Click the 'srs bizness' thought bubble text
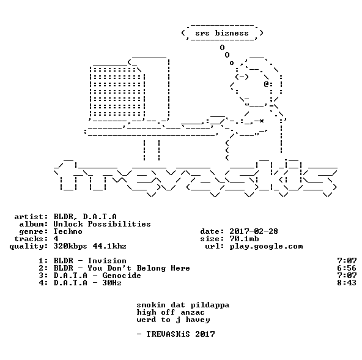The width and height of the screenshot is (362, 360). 222,33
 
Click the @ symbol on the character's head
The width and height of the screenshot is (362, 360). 266,84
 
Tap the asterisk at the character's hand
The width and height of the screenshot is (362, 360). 261,121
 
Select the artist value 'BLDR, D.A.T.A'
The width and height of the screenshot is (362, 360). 85,217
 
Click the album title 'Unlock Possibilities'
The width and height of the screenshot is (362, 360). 102,224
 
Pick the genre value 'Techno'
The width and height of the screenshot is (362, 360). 68,231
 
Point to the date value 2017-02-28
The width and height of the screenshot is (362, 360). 254,231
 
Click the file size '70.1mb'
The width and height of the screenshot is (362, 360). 244,239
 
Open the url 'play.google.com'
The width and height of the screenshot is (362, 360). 266,247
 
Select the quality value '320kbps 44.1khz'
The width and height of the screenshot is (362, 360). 90,246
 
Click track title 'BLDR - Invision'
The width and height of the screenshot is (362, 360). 90,261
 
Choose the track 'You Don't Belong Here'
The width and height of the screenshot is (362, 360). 139,268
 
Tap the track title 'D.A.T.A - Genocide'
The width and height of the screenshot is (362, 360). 97,276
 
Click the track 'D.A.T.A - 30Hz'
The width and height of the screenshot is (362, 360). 87,283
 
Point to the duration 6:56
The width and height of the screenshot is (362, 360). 347,268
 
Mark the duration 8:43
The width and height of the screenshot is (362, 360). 347,283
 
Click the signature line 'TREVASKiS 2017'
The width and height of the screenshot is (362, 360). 180,334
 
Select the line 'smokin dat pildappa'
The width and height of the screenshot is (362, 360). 183,305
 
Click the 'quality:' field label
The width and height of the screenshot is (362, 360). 29,247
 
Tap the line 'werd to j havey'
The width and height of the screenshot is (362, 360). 174,320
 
